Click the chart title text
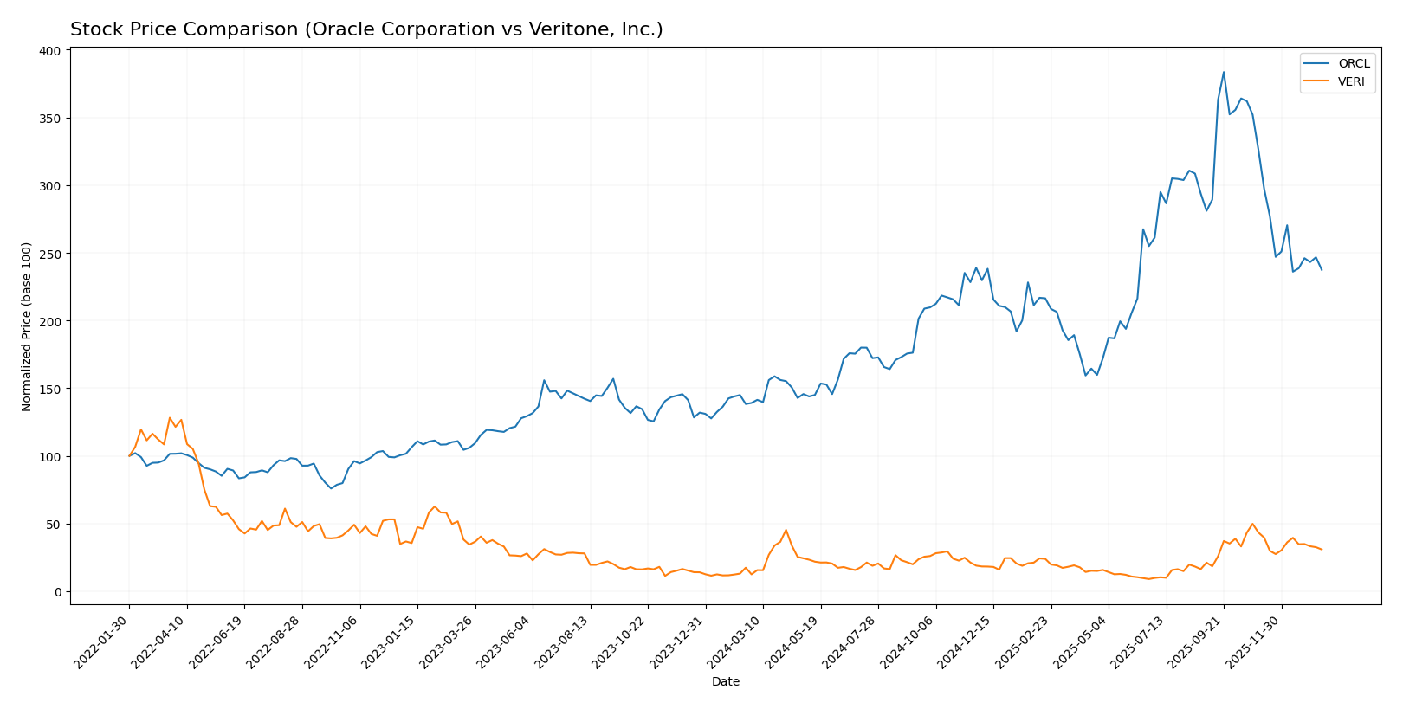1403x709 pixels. (x=366, y=29)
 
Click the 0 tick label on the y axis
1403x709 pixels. (x=57, y=592)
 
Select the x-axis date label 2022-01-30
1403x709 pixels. (x=102, y=641)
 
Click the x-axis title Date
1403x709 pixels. (x=725, y=682)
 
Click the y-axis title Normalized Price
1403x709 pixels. (x=27, y=326)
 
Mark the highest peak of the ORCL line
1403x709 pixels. (x=1224, y=72)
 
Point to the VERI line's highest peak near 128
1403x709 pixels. (x=170, y=417)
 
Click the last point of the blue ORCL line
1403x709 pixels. (x=1322, y=270)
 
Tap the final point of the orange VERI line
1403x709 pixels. (x=1322, y=550)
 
